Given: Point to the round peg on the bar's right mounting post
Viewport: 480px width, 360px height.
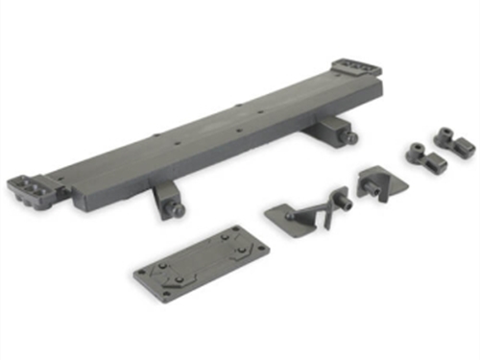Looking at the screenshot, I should click(x=352, y=138).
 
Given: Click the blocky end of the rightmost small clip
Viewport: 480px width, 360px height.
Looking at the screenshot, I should click(x=465, y=147).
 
